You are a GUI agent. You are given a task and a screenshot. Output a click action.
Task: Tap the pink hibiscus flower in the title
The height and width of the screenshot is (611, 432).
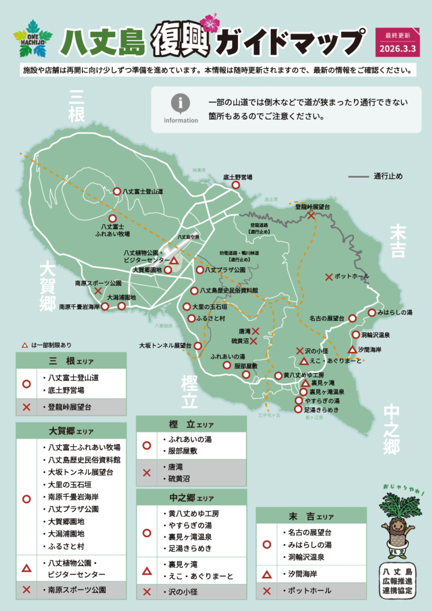(209, 23)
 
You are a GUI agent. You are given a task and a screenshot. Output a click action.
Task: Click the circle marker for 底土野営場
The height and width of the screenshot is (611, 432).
(236, 186)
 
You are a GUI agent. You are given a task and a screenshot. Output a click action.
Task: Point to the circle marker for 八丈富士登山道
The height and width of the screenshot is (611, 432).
(117, 192)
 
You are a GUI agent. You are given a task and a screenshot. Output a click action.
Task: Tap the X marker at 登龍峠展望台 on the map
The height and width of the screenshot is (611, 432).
(311, 215)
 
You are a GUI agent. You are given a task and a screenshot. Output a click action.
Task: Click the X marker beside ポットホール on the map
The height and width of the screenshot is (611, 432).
(328, 277)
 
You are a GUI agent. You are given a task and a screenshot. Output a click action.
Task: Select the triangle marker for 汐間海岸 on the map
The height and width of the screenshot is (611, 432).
(352, 349)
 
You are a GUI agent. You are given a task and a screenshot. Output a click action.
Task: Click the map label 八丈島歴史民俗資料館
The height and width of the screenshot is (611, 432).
(229, 291)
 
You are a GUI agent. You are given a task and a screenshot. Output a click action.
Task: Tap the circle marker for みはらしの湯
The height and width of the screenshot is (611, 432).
(371, 313)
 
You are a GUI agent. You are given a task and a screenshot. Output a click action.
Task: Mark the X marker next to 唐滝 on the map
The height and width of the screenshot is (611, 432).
(255, 331)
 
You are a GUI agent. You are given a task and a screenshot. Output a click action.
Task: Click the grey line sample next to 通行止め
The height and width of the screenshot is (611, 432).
(358, 177)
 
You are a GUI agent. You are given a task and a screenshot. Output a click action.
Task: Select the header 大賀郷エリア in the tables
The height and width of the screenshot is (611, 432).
(71, 431)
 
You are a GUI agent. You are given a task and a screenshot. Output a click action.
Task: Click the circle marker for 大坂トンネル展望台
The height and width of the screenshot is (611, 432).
(198, 345)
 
